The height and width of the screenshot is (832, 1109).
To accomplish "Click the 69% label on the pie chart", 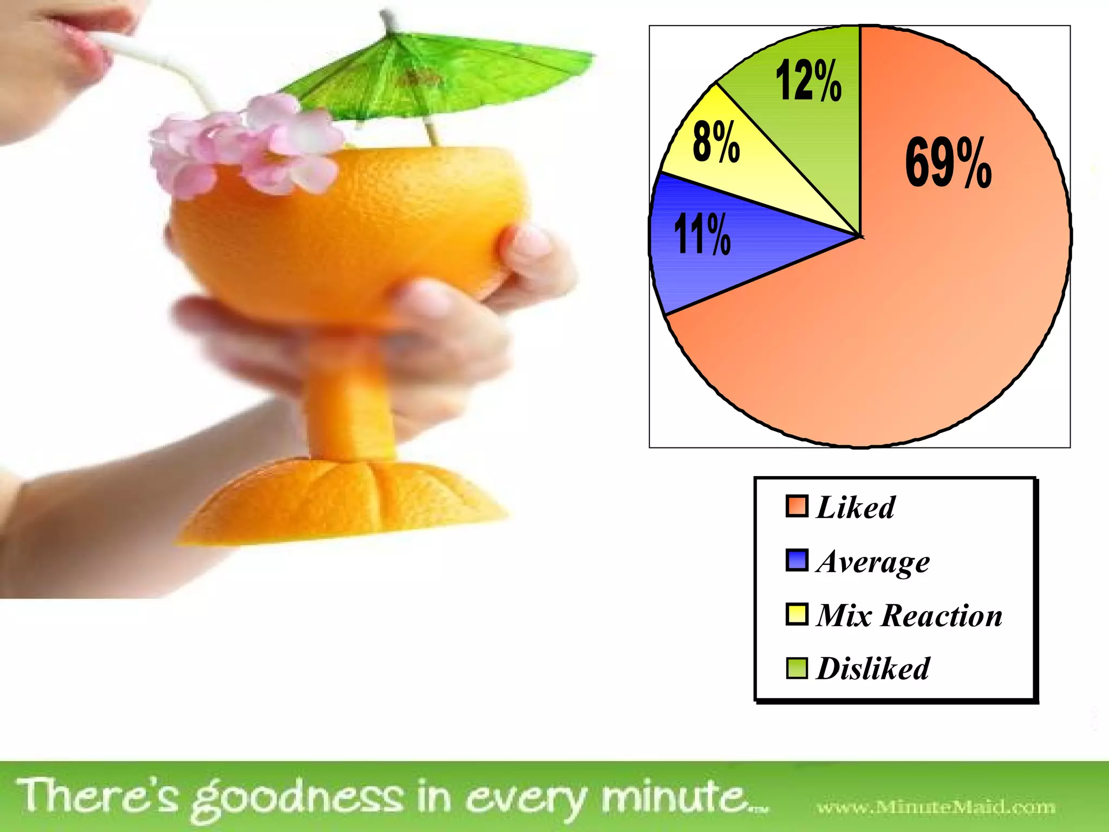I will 948,162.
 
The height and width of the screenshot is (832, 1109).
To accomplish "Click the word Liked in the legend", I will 856,508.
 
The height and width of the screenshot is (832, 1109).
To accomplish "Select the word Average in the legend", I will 873,562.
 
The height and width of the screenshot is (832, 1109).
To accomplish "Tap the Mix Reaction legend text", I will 909,615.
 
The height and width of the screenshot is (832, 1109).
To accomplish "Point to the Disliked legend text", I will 873,668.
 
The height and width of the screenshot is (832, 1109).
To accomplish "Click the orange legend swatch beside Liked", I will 797,506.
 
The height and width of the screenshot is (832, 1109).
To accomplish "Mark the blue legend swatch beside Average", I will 797,560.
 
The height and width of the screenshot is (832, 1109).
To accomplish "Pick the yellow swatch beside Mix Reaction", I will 797,614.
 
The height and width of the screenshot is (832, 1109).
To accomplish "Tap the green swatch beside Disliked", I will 797,668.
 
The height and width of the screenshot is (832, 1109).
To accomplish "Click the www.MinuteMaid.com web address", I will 936,808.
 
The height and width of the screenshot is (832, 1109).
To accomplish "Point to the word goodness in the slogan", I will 298,799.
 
